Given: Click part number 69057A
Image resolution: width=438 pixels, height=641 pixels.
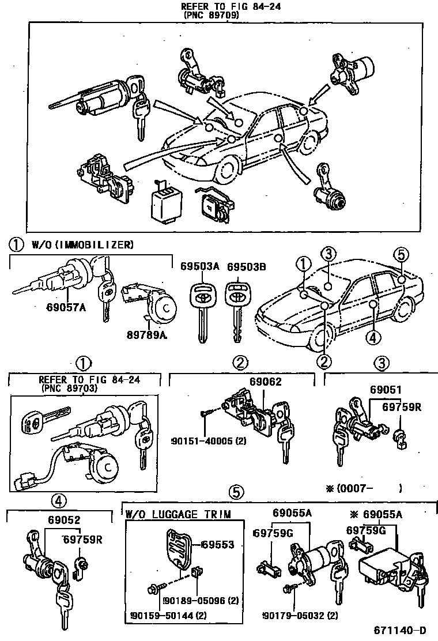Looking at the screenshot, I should [x=67, y=307].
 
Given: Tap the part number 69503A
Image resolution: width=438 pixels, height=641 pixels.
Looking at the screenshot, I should [x=199, y=267].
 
